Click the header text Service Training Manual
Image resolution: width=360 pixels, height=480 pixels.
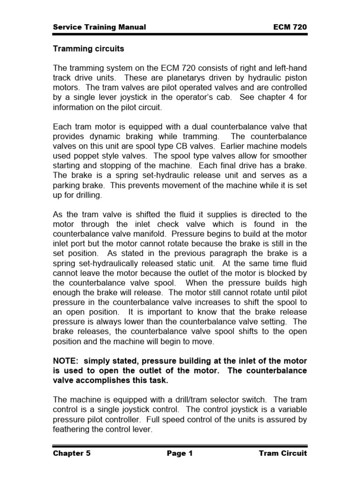pos(99,27)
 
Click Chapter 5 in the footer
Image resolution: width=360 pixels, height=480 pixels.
pos(72,453)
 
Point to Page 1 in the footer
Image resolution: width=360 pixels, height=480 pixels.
pos(180,453)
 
